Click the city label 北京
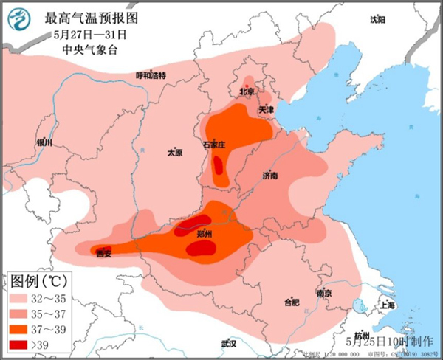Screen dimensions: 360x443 (x=247, y=92)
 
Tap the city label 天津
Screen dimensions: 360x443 (x=267, y=110)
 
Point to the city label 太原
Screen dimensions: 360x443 (x=174, y=153)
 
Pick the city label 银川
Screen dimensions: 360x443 (x=44, y=142)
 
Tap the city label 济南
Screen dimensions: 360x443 (x=270, y=176)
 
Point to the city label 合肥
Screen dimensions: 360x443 (x=292, y=302)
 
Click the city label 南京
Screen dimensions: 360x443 (x=323, y=293)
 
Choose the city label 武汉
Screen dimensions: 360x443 (x=228, y=344)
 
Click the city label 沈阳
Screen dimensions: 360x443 (x=377, y=19)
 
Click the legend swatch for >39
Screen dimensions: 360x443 (x=21, y=345)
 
